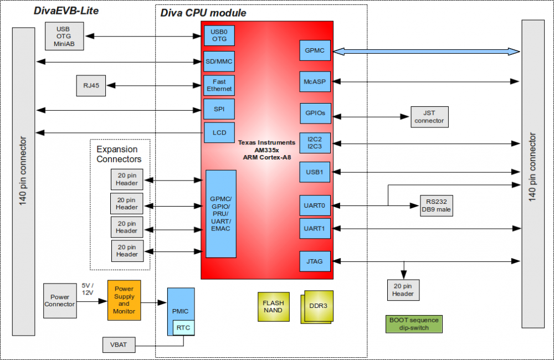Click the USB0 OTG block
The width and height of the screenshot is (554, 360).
coord(219,35)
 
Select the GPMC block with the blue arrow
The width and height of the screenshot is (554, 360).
coord(315,51)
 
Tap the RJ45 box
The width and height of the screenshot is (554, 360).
coord(90,86)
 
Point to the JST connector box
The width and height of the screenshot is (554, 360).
coord(429,117)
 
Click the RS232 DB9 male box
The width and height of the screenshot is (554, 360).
coord(436,205)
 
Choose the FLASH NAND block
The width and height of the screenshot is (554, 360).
coord(273,307)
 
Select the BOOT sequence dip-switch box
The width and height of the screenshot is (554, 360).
coord(414,324)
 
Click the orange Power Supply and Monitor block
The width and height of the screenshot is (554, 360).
coord(124,300)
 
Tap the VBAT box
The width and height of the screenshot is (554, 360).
coord(119,344)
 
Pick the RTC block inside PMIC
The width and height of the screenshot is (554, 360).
coord(183,328)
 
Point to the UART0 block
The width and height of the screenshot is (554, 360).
coord(315,205)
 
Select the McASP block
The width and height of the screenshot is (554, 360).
coord(315,82)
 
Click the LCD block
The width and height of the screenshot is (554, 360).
coord(219,133)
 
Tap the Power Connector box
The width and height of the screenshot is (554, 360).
coord(60,301)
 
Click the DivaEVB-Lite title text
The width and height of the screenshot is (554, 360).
coord(66,11)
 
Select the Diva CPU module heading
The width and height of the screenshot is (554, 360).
coord(203,13)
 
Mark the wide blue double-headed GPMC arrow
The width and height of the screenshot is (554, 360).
coord(427,51)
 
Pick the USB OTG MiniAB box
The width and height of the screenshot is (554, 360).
coord(64,36)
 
